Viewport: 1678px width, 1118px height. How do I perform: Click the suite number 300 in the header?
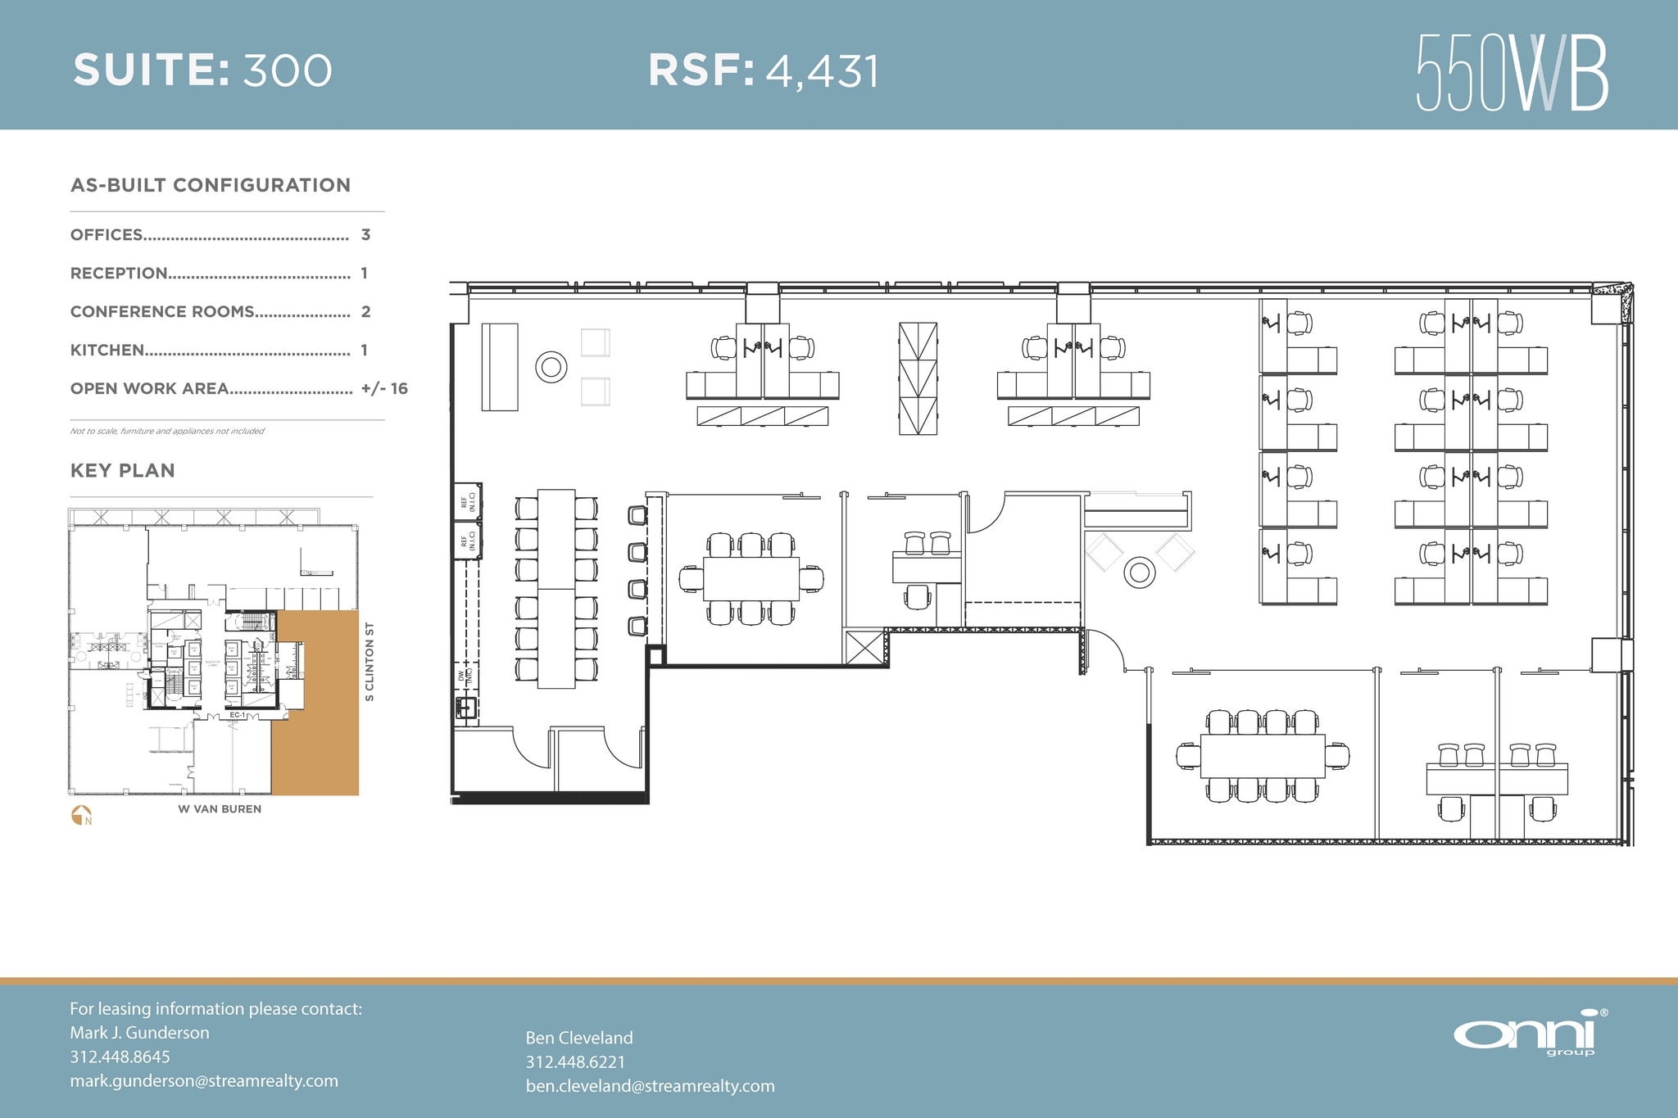[288, 70]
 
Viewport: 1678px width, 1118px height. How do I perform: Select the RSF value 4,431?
[822, 71]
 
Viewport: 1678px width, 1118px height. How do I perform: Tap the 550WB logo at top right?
[1512, 73]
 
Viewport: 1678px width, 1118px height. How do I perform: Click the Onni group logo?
[1529, 1034]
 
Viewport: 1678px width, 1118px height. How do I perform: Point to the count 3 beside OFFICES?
[365, 235]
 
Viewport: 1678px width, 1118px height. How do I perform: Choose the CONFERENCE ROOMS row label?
[162, 312]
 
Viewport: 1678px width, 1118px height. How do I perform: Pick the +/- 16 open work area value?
[384, 389]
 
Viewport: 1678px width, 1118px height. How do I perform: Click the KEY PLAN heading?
[123, 471]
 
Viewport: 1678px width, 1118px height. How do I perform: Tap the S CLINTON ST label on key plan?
[370, 662]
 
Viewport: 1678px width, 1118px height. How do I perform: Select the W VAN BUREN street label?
[220, 809]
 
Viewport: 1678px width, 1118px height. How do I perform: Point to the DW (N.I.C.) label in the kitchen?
[465, 676]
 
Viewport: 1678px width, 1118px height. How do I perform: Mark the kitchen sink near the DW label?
[465, 707]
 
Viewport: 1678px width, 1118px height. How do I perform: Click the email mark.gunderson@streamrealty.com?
[204, 1081]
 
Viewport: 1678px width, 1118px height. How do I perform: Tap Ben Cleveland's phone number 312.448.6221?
[575, 1062]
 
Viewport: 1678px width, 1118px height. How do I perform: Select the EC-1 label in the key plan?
[237, 715]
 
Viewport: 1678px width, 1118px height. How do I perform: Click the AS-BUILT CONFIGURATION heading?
[211, 186]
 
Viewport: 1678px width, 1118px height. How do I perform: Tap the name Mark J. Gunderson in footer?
[139, 1033]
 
